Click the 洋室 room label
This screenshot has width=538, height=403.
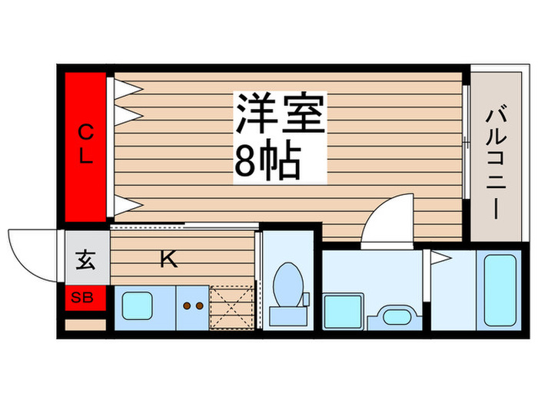pyautogui.click(x=281, y=117)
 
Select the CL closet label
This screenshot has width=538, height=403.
pyautogui.click(x=85, y=145)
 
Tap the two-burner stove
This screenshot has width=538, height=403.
pyautogui.click(x=192, y=306)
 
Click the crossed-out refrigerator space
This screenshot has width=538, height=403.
pyautogui.click(x=232, y=306)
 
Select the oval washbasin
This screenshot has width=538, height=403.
pyautogui.click(x=395, y=315)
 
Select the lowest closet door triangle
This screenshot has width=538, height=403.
pyautogui.click(x=127, y=204)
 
